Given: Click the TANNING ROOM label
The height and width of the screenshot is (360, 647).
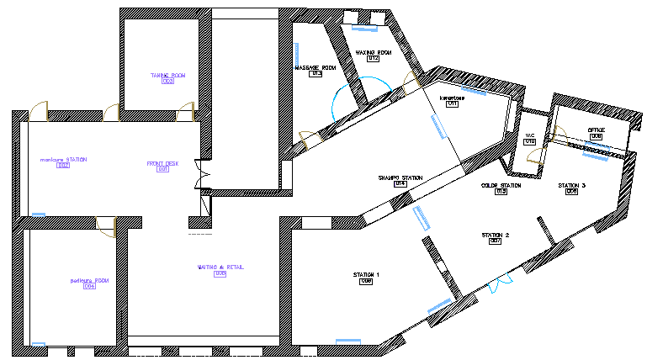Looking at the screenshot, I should point(167,75).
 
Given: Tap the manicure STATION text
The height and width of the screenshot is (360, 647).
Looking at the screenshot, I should point(63,159).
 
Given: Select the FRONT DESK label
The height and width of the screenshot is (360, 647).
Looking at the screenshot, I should point(162,163).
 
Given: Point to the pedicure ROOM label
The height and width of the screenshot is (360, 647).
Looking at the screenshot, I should point(89,280).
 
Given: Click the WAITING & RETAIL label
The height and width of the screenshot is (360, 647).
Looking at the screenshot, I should point(220,267).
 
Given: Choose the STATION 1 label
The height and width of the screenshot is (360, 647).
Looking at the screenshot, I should point(366,275).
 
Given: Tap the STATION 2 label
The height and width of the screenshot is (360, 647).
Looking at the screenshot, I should point(496,235).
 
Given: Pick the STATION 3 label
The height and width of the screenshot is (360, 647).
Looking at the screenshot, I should point(571,185).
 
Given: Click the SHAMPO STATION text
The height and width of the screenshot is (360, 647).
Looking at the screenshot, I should point(400,178).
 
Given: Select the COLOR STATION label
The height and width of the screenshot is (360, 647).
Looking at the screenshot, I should point(501,185).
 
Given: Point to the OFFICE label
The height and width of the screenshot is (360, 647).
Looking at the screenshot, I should point(596,130).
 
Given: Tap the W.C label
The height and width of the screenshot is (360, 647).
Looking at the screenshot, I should point(530,135).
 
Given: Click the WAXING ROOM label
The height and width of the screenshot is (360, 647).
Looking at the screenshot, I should point(373,52).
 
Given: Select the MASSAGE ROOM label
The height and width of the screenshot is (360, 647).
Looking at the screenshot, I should point(316,67).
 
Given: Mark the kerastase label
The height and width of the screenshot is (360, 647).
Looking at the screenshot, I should point(452,98).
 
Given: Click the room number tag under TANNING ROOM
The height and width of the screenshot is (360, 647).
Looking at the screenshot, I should point(167,82).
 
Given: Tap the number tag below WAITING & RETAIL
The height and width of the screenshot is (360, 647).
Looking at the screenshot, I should point(220,273).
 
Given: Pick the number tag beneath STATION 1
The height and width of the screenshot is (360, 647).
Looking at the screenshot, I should point(366,282).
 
